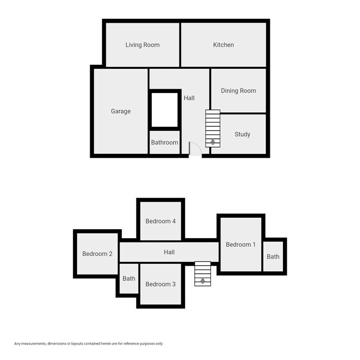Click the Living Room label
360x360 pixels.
pyautogui.click(x=142, y=45)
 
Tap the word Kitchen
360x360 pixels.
pyautogui.click(x=223, y=45)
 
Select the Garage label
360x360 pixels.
pyautogui.click(x=121, y=111)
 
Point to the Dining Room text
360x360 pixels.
pyautogui.click(x=238, y=91)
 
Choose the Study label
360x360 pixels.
pyautogui.click(x=242, y=134)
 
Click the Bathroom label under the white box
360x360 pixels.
pyautogui.click(x=164, y=142)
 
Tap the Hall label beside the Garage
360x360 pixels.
pyautogui.click(x=189, y=98)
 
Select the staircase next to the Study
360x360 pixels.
pyautogui.click(x=213, y=127)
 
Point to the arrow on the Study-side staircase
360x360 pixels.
pyautogui.click(x=213, y=142)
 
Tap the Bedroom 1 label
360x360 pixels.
pyautogui.click(x=241, y=244)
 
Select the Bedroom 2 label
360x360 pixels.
pyautogui.click(x=97, y=254)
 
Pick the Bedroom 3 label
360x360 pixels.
pyautogui.click(x=161, y=284)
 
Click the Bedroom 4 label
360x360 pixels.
pyautogui.click(x=161, y=221)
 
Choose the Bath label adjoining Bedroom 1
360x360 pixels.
pyautogui.click(x=273, y=256)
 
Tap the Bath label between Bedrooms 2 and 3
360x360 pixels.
pyautogui.click(x=129, y=279)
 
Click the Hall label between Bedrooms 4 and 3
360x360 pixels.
pyautogui.click(x=169, y=252)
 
